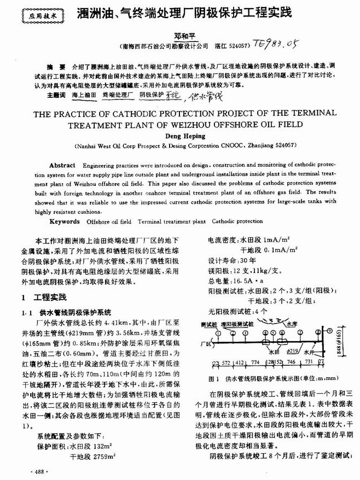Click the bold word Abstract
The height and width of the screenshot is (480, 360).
click(x=62, y=165)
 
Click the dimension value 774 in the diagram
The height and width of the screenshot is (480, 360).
click(x=255, y=362)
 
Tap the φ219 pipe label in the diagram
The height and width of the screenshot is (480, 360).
click(x=293, y=350)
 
